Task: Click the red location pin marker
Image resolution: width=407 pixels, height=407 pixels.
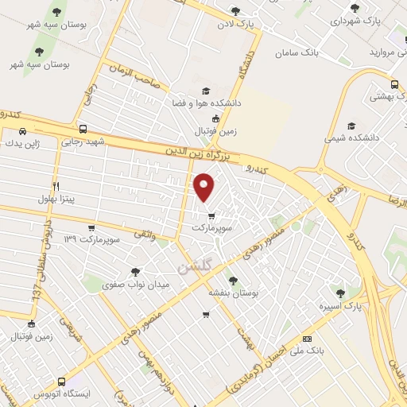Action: coord(204,188)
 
